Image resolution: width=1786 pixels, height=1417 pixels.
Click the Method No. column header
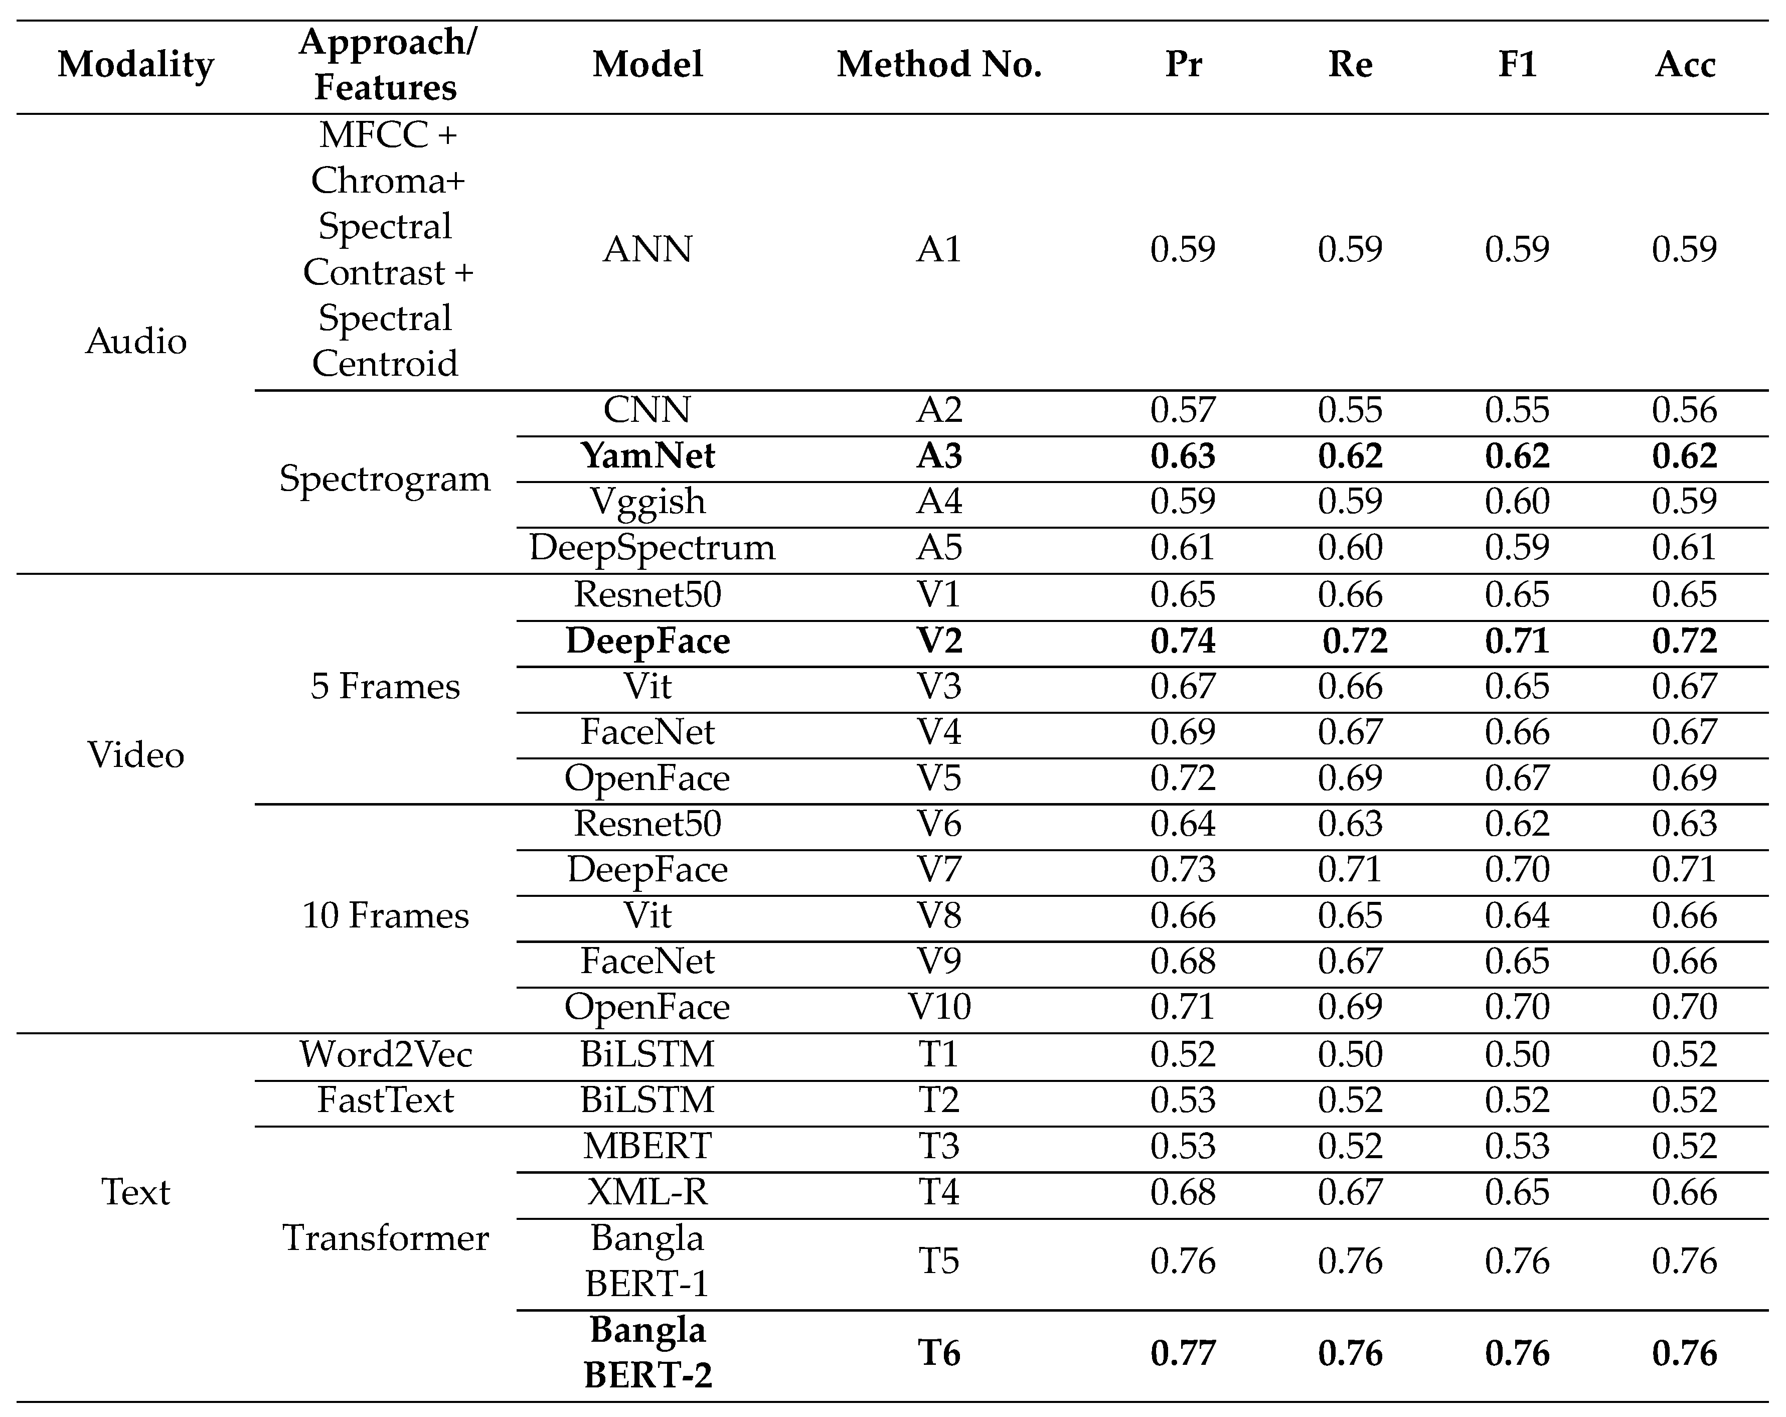[x=938, y=65]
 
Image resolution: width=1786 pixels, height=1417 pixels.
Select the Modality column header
[x=136, y=65]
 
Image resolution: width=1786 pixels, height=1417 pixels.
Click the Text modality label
[x=136, y=1192]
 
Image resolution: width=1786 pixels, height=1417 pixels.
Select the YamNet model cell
[x=648, y=456]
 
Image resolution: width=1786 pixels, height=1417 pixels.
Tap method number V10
[x=938, y=1007]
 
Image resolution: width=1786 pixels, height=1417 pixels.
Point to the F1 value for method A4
[x=1517, y=501]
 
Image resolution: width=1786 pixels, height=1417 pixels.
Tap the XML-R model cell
[x=648, y=1192]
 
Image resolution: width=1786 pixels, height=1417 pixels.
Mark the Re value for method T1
[x=1350, y=1054]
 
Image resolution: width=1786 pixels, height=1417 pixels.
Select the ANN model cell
[x=648, y=249]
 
